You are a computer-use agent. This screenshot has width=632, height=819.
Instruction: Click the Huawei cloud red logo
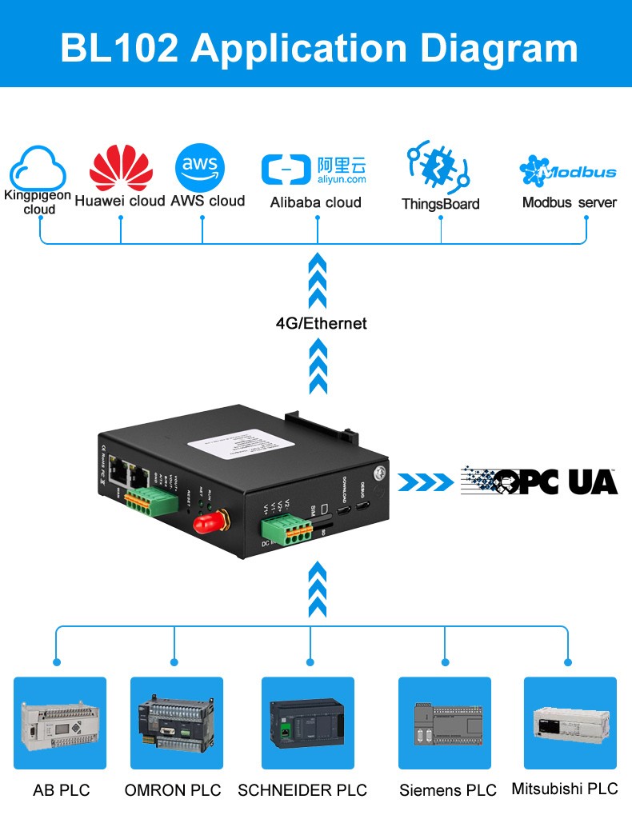pos(121,166)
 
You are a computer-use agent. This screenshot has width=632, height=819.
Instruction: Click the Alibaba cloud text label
pos(315,202)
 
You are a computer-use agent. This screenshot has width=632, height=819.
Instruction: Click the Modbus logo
pos(568,170)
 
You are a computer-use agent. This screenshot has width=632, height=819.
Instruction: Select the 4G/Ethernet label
pos(321,323)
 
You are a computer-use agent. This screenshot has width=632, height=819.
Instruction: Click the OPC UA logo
pos(540,481)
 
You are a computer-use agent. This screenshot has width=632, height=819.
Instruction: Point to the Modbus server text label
pos(569,202)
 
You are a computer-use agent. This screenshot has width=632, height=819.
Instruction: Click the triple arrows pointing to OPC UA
pos(426,481)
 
